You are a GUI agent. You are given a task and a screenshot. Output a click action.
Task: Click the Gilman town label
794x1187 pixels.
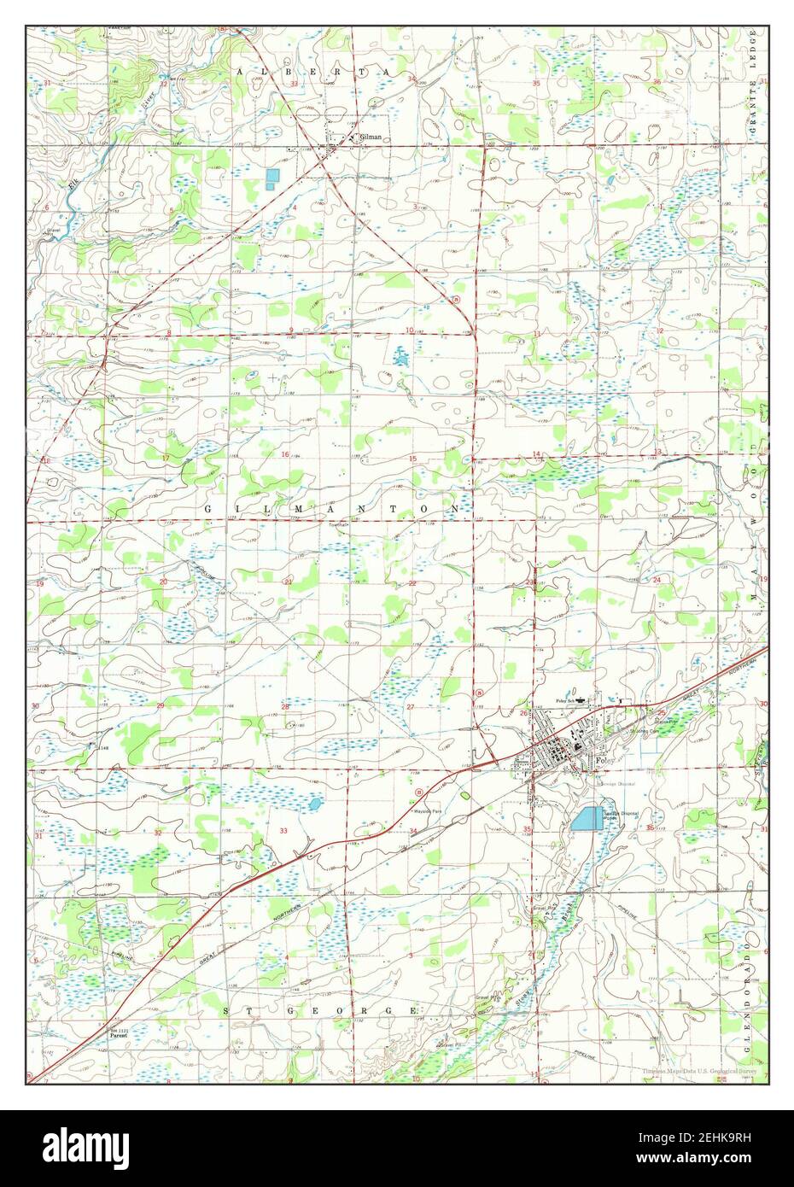(x=370, y=137)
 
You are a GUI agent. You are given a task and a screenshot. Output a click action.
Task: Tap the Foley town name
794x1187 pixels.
(x=603, y=759)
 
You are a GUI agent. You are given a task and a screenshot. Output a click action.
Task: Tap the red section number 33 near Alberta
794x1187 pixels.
(x=294, y=85)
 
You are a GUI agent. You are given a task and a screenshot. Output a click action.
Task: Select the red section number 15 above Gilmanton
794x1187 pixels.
(x=412, y=459)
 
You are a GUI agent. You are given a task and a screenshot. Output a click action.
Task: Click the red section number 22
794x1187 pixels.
(x=412, y=583)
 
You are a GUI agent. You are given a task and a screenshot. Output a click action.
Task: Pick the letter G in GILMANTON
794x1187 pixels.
(x=207, y=508)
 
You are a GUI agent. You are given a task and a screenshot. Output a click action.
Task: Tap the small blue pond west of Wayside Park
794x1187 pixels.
(x=314, y=804)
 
